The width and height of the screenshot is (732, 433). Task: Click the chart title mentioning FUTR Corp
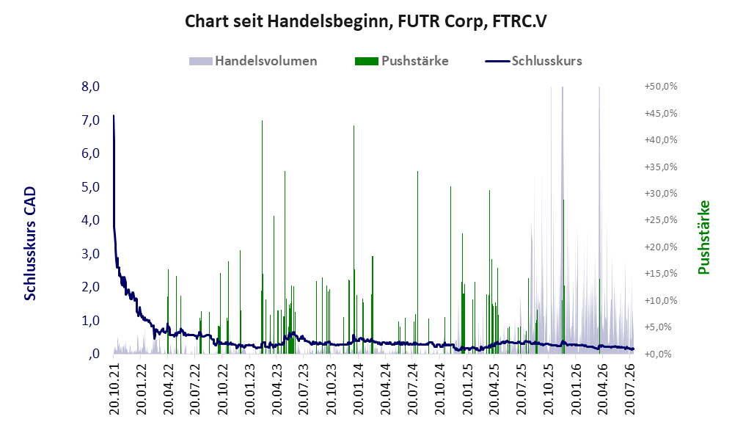click(x=365, y=21)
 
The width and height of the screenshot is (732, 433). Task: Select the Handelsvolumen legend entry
click(x=253, y=61)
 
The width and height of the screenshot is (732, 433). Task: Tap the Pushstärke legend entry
click(x=401, y=61)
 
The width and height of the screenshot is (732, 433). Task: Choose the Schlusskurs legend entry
click(x=533, y=61)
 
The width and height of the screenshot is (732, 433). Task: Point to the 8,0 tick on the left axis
click(x=90, y=87)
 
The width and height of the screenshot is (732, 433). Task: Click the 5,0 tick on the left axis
click(x=90, y=187)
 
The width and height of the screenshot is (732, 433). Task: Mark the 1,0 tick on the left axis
click(x=90, y=321)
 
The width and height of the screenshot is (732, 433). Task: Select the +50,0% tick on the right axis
click(x=661, y=87)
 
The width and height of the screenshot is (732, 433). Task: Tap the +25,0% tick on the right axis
click(x=661, y=220)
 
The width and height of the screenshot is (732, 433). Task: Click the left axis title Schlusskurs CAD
click(x=30, y=244)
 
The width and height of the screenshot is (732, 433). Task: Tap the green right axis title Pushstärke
click(x=704, y=237)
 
